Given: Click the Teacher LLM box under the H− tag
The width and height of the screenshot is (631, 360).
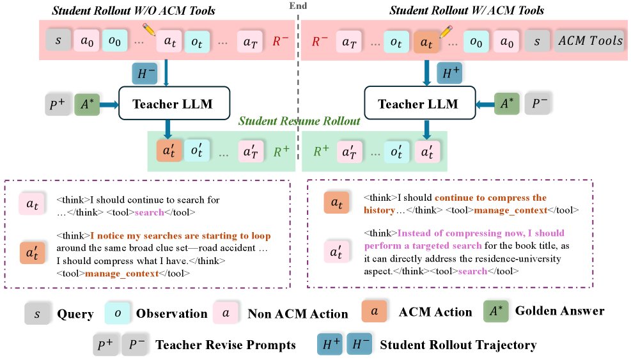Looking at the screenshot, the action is click(174, 103).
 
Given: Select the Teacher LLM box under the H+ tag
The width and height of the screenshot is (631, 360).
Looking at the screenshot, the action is click(419, 103).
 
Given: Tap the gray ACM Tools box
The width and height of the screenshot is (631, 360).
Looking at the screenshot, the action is click(590, 41).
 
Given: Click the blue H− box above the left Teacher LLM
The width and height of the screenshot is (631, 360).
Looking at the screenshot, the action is click(144, 74).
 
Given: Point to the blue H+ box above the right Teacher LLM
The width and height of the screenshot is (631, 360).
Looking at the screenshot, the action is click(449, 73).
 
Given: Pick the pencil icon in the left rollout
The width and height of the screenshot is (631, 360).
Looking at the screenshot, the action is click(149, 29).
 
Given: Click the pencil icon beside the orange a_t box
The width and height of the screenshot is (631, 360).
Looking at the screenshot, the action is click(446, 32).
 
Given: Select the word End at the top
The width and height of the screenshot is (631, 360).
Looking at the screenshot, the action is click(298, 6).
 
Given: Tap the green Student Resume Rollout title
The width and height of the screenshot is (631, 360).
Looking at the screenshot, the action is click(299, 121).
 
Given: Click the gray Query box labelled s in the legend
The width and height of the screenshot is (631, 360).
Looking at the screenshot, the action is click(37, 313).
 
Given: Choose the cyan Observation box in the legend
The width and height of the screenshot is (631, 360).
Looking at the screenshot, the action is click(117, 313).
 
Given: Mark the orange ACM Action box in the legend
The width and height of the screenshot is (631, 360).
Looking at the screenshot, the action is click(374, 311).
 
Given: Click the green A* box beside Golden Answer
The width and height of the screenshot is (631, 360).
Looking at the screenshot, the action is click(496, 311).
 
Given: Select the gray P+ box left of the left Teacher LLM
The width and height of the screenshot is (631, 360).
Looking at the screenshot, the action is click(58, 104).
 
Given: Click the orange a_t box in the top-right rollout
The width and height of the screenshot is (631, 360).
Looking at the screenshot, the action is click(426, 42).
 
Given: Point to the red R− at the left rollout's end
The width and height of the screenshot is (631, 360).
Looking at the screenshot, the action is click(280, 41).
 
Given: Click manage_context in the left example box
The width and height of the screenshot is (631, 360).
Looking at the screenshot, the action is click(121, 274).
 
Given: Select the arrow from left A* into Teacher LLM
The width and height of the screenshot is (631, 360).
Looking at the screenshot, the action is click(109, 105).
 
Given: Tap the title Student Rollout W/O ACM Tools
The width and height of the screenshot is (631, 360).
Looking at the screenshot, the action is click(133, 10).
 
